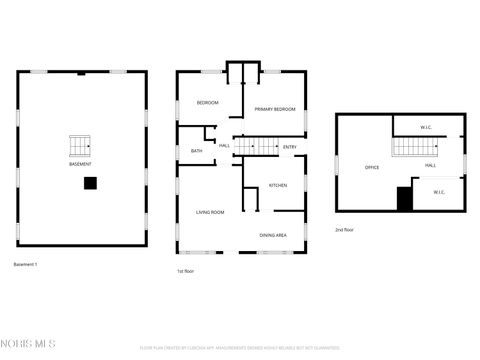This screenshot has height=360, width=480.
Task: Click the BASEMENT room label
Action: (x=81, y=163)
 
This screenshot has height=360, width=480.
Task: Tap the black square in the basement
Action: (x=91, y=183)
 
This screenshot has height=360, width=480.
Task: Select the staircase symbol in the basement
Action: (x=81, y=146)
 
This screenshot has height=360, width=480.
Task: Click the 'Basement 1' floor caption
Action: (x=25, y=263)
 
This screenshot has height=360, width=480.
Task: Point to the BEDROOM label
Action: (x=207, y=103)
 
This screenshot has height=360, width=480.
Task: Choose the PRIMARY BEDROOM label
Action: (x=274, y=108)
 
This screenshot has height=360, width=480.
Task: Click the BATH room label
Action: (x=196, y=151)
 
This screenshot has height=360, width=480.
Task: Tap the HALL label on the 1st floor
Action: (x=224, y=147)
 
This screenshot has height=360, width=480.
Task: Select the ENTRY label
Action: (x=289, y=148)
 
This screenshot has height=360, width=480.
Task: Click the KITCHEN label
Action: (x=277, y=185)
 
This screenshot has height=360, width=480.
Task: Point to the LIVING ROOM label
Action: (x=209, y=212)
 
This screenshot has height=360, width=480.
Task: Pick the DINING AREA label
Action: (x=274, y=234)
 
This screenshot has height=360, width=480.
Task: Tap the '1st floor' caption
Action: (x=185, y=271)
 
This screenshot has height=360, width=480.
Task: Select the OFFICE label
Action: (x=371, y=167)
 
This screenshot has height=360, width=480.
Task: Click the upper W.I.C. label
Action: (x=425, y=127)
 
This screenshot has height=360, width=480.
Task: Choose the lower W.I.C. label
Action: (x=439, y=191)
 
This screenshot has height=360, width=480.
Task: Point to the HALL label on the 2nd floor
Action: (x=430, y=165)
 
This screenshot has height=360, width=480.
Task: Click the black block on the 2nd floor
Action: (x=405, y=198)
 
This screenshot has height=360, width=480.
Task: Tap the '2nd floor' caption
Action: (x=344, y=230)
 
